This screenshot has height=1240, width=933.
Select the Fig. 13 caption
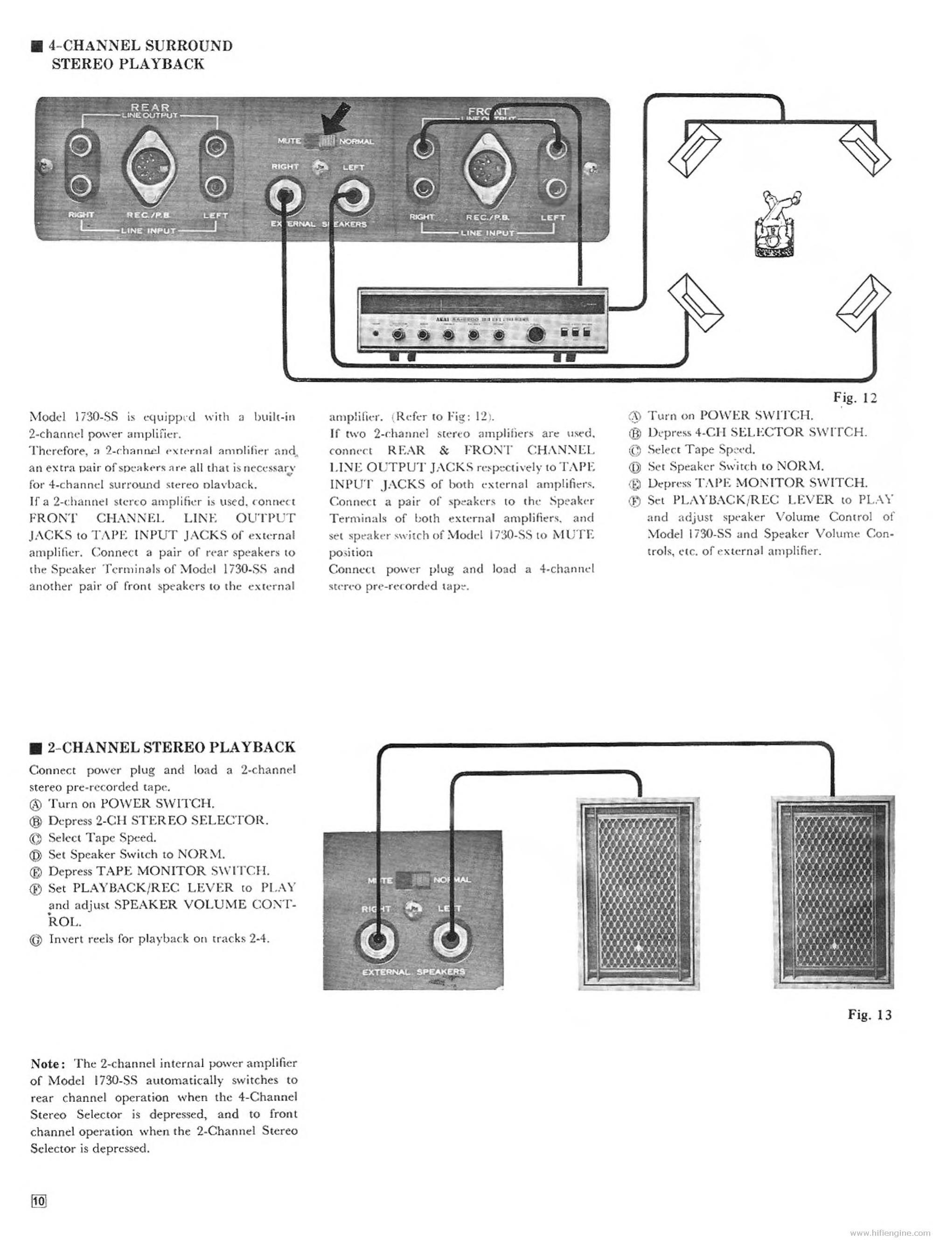869,1015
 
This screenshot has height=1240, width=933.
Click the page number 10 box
39,1201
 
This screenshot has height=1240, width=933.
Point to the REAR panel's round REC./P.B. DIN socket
147,167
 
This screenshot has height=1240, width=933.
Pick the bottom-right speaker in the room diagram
863,303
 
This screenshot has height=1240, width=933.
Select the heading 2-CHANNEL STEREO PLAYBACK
170,747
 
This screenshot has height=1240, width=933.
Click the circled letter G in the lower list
37,940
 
